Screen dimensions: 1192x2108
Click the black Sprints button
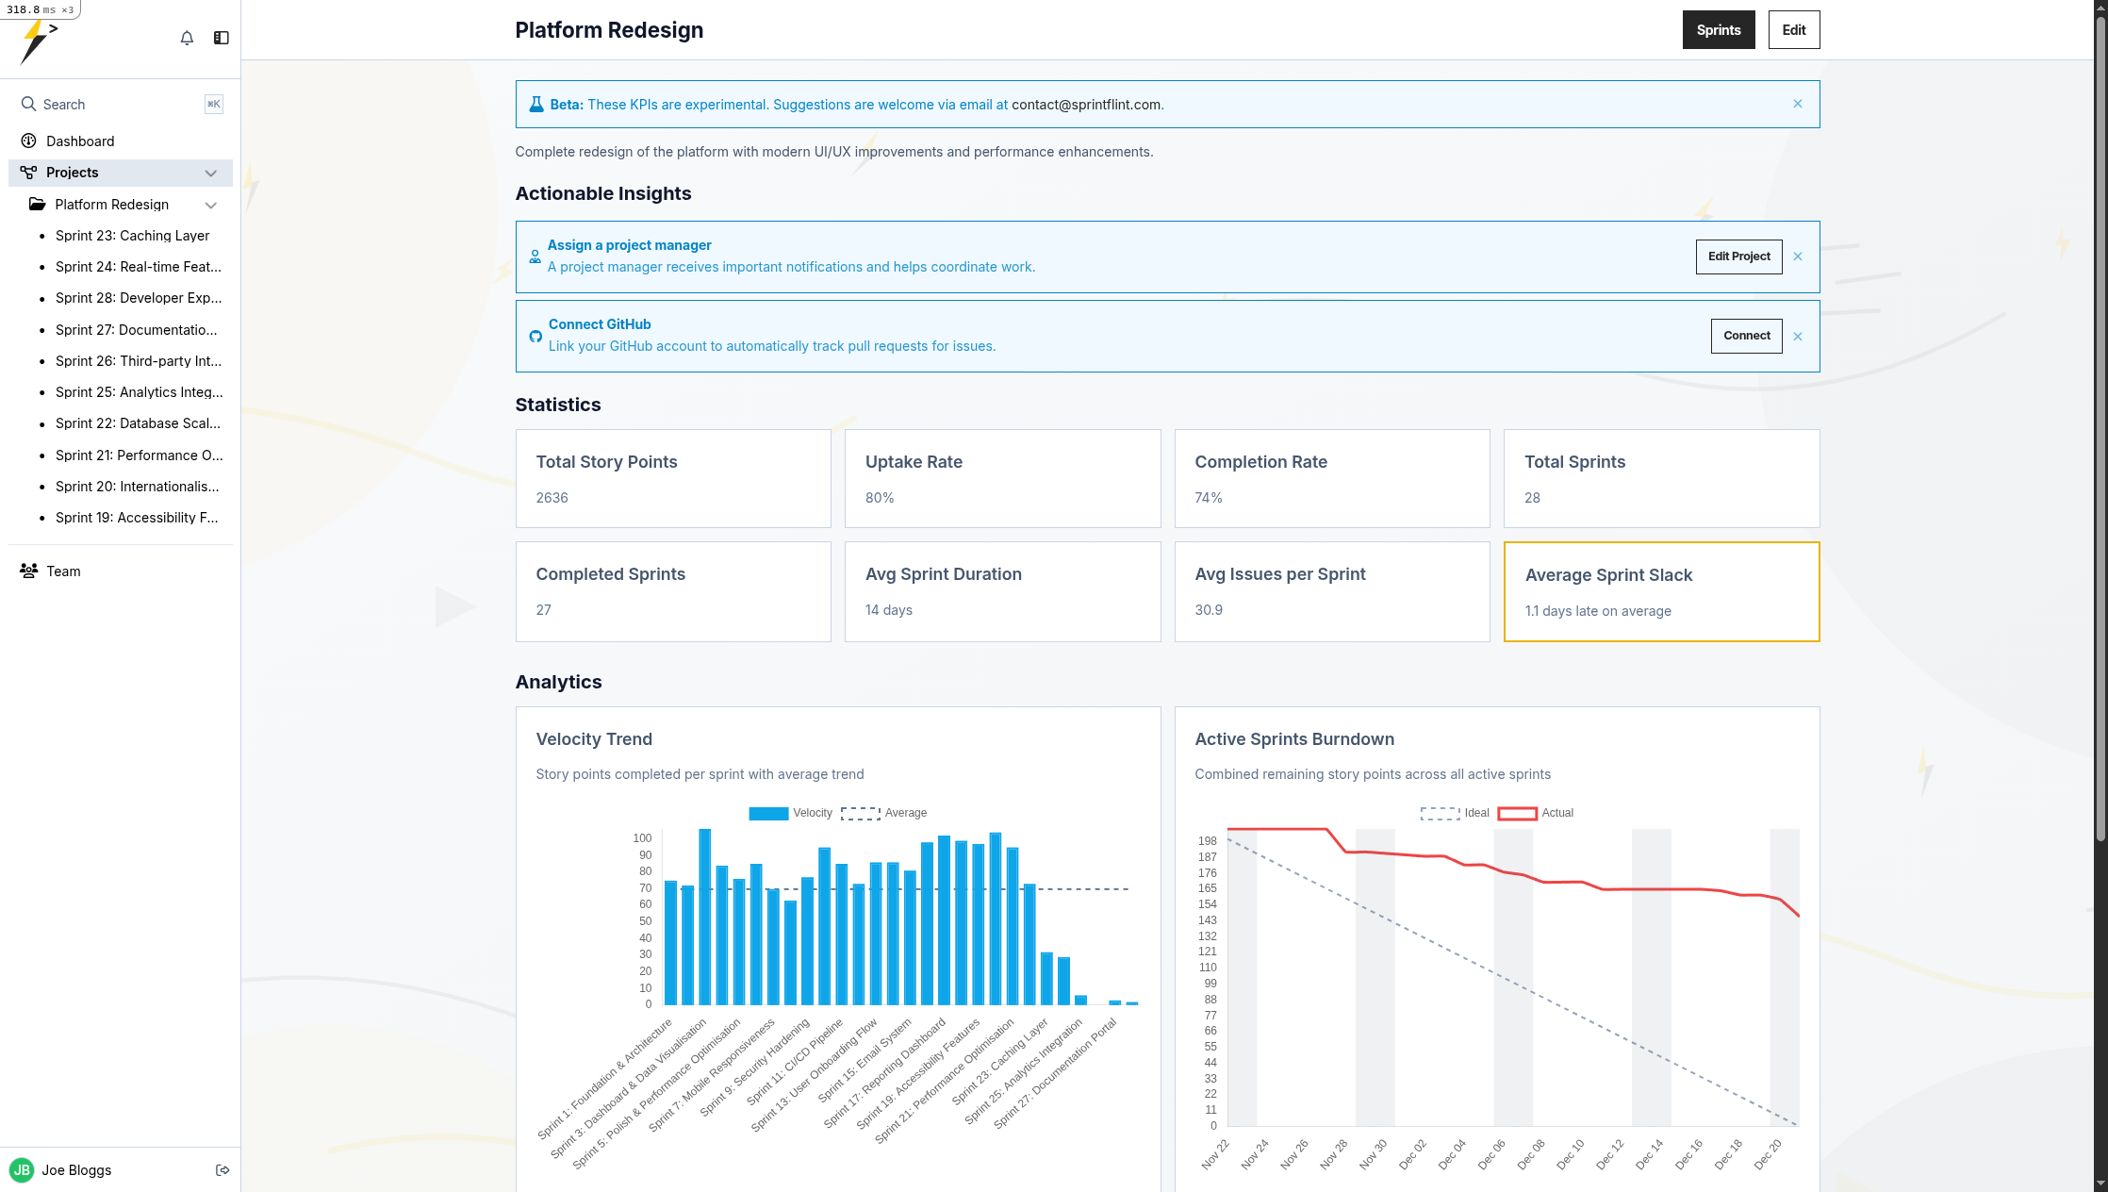[x=1718, y=30]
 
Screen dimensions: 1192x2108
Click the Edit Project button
[x=1738, y=257]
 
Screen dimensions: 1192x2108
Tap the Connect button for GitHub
[x=1746, y=336]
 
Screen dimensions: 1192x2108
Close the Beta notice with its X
[x=1798, y=104]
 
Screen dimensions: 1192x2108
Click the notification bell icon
[x=187, y=38]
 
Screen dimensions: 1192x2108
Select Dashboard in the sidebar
[x=80, y=141]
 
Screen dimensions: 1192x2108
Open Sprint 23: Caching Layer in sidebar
[x=132, y=236]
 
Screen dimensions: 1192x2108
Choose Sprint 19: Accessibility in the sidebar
[x=137, y=518]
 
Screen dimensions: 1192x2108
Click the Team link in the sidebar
[x=63, y=571]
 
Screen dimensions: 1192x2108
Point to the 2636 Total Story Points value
[x=552, y=498]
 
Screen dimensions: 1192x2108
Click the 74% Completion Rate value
[x=1208, y=498]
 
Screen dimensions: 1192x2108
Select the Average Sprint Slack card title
[x=1608, y=575]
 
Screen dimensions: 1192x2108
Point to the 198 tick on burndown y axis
[x=1207, y=841]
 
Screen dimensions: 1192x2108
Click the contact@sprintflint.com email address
[x=1086, y=105]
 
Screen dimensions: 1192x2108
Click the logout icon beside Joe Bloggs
[x=222, y=1170]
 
